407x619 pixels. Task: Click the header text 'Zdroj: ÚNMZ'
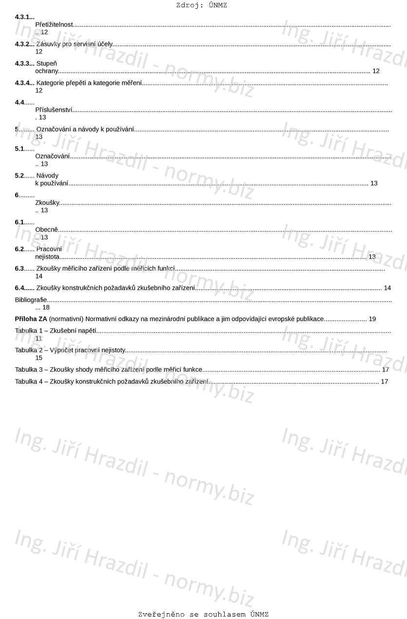(x=201, y=5)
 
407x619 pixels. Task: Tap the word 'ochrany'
(x=46, y=71)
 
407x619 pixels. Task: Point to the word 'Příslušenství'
(x=54, y=110)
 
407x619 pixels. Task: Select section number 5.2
(x=19, y=176)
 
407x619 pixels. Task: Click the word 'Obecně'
(x=46, y=229)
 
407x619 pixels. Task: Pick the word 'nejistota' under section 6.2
(x=47, y=256)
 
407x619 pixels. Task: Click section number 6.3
(x=19, y=268)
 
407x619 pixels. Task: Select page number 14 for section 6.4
(x=387, y=288)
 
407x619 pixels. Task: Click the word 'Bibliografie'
(x=31, y=300)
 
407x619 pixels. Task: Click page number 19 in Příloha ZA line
(x=372, y=319)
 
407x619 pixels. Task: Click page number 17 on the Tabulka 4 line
(x=384, y=381)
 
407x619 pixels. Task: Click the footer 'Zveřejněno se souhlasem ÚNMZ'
(x=203, y=614)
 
